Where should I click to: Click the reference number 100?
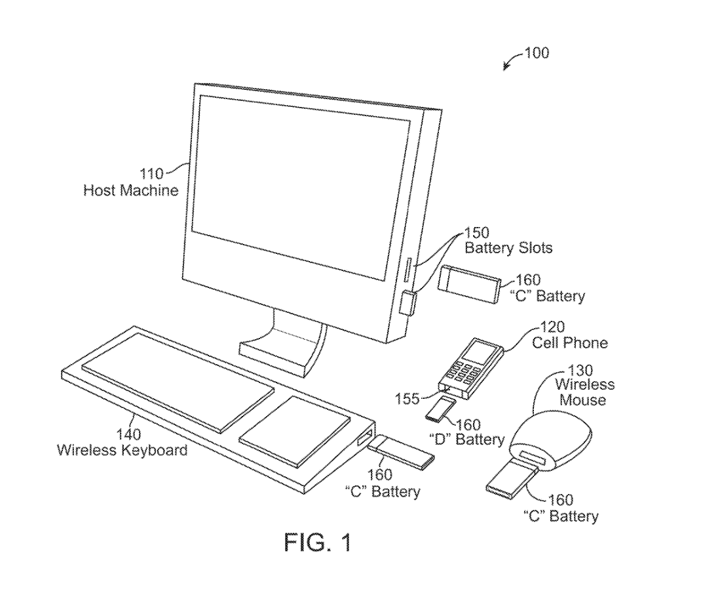click(537, 52)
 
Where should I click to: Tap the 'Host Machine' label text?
click(130, 191)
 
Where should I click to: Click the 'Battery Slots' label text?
click(508, 248)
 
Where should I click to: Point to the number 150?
click(477, 233)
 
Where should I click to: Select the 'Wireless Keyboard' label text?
click(122, 450)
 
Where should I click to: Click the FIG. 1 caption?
click(318, 542)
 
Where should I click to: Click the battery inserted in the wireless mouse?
click(510, 476)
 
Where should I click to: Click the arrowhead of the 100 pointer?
click(506, 68)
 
